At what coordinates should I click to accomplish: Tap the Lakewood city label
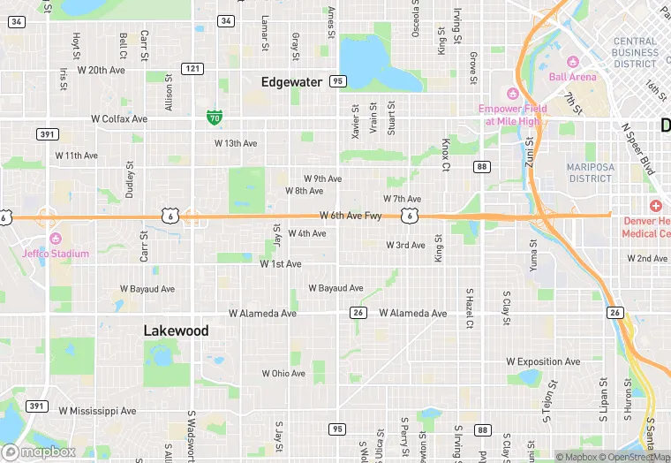click(177, 330)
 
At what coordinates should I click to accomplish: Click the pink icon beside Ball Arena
click(571, 62)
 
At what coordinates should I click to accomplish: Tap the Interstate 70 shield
click(214, 117)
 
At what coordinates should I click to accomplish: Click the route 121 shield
click(192, 68)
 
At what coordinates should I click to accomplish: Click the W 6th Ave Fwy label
click(351, 216)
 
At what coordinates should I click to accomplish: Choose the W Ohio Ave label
click(283, 374)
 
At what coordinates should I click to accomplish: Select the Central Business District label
click(636, 52)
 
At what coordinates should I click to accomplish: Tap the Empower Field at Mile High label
click(513, 114)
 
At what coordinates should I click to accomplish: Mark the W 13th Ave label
click(236, 143)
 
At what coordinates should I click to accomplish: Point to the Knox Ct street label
click(446, 154)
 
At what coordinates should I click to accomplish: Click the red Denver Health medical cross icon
click(656, 205)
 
